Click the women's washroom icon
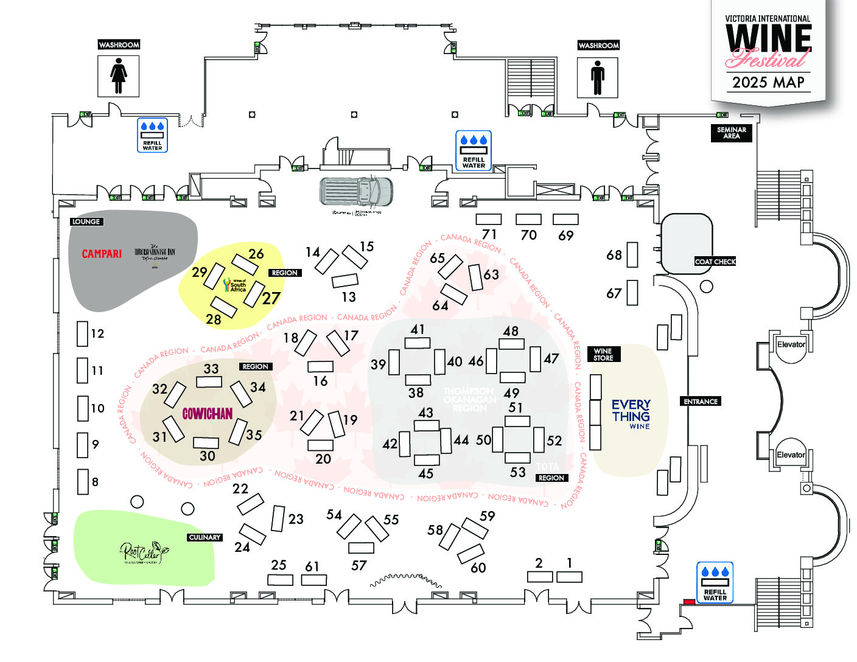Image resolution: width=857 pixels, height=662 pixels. [119, 76]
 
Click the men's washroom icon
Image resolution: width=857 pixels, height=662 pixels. [598, 77]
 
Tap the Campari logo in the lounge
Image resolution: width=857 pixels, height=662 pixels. [102, 254]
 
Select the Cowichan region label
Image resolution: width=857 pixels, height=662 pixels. [208, 414]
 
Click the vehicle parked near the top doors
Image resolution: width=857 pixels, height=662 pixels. [357, 191]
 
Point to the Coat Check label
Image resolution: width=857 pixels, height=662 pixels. [715, 262]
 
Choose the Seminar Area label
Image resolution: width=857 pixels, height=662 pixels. [732, 133]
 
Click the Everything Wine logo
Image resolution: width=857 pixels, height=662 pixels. [631, 414]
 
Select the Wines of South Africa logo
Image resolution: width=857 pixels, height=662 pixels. [235, 285]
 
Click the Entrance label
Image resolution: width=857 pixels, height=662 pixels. [701, 402]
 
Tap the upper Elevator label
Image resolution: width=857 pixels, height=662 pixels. [791, 344]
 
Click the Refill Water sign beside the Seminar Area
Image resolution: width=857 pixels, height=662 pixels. [474, 150]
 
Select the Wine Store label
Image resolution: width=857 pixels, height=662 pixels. [603, 355]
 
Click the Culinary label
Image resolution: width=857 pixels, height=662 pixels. [205, 537]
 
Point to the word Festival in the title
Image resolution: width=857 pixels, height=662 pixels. [768, 59]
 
